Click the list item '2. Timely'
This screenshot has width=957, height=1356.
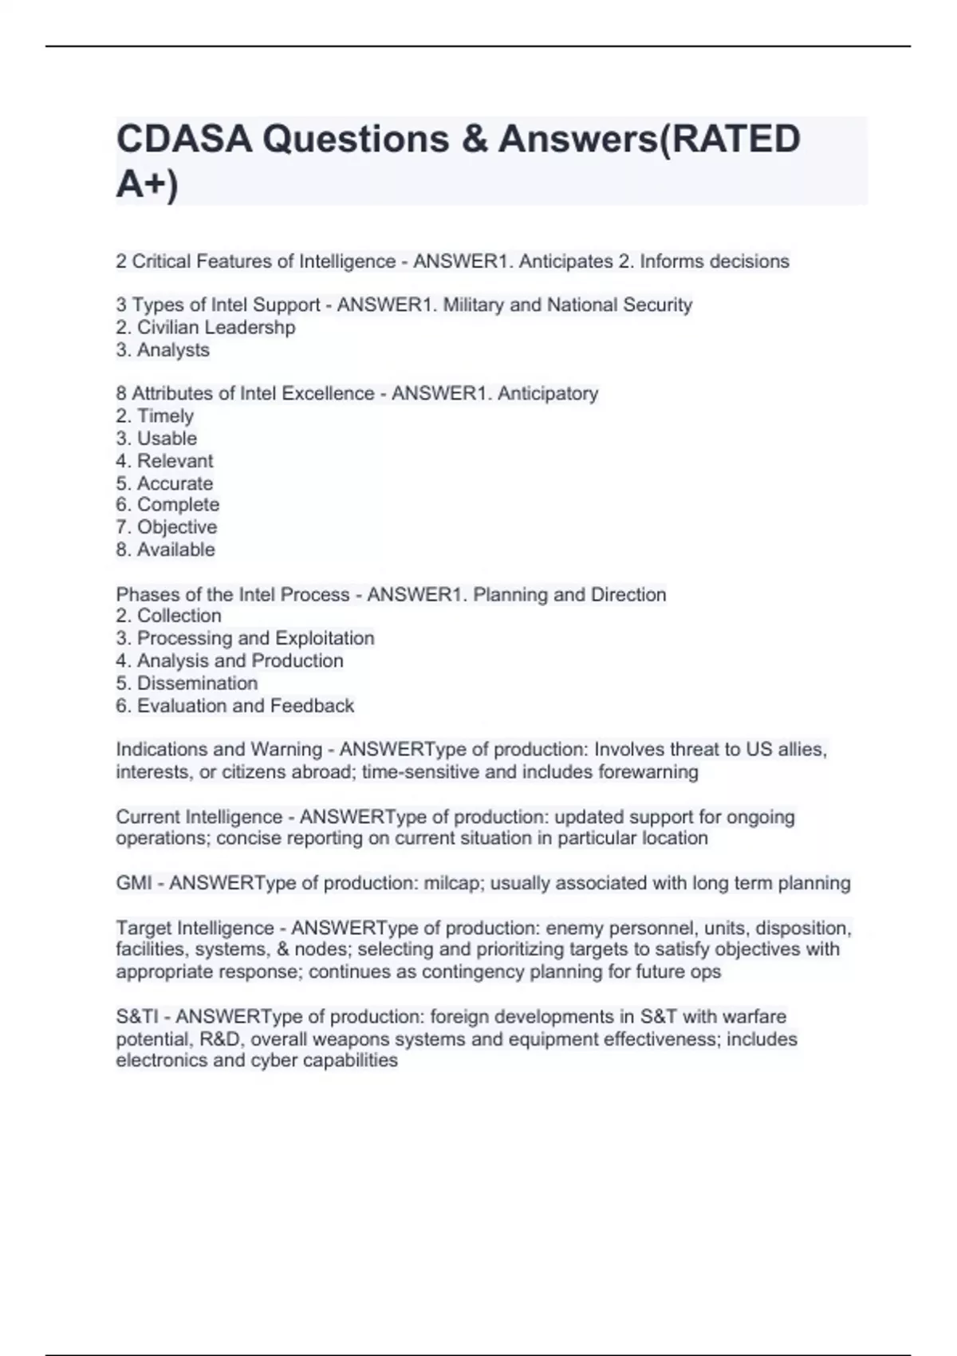[x=155, y=416]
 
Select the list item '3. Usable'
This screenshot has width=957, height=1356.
[x=156, y=438]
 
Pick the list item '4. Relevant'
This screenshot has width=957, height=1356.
[x=164, y=460]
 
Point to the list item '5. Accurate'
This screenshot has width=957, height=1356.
[x=164, y=483]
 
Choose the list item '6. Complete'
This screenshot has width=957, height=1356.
[x=167, y=504]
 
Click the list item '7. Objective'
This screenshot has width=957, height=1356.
[x=166, y=526]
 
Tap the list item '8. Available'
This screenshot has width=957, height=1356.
[x=165, y=550]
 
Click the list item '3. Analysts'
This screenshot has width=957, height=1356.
[x=163, y=349]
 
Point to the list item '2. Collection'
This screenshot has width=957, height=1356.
[x=168, y=616]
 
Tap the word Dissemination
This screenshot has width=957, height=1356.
[x=197, y=683]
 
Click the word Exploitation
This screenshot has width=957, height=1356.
[x=324, y=638]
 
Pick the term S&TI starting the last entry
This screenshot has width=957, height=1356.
[x=138, y=1016]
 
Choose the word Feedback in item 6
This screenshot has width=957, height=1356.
[x=312, y=706]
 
